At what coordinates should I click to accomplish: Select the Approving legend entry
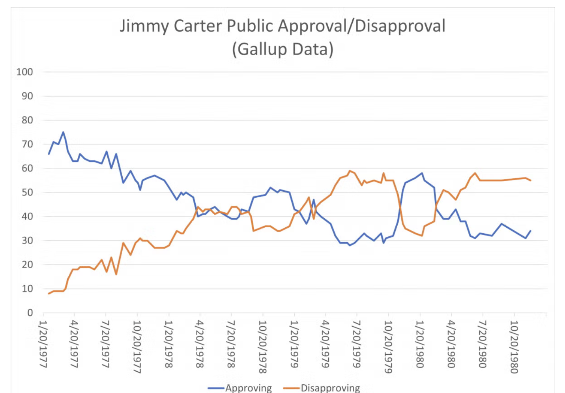(x=249, y=388)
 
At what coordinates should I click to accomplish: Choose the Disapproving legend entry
(x=330, y=388)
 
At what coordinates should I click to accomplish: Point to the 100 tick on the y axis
(x=24, y=72)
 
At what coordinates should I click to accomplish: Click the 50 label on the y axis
(x=27, y=192)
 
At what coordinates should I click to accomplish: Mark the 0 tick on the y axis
(x=30, y=313)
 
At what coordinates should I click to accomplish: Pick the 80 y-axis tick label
(x=27, y=120)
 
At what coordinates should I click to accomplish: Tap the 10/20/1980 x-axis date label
(x=514, y=346)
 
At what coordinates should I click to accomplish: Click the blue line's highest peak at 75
(x=63, y=132)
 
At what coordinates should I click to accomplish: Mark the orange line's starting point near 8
(x=49, y=294)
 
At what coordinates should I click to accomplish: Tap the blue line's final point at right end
(x=531, y=231)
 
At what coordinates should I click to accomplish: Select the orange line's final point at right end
(x=531, y=180)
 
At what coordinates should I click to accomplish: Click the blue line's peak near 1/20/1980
(x=422, y=173)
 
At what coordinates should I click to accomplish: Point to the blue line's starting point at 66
(x=49, y=154)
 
